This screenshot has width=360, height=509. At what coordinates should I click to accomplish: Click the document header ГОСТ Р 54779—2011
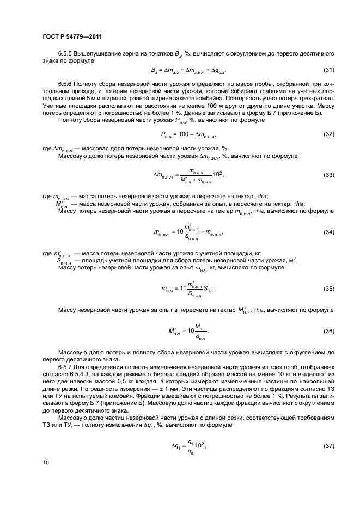click(x=72, y=36)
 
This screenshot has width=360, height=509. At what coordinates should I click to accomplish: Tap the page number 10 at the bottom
click(x=46, y=463)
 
